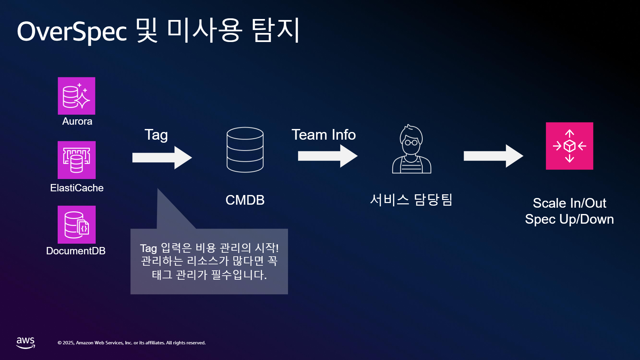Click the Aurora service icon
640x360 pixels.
click(x=76, y=96)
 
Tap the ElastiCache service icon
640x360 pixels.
click(x=77, y=160)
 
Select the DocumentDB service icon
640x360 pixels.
click(x=77, y=225)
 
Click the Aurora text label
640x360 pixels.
click(x=77, y=121)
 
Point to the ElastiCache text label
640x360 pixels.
click(x=77, y=188)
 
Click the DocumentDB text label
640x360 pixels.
click(x=76, y=251)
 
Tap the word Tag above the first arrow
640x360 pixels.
click(x=156, y=135)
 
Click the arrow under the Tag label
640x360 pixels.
click(x=162, y=158)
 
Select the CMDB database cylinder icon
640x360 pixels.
click(x=245, y=150)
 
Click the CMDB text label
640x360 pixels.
click(x=245, y=200)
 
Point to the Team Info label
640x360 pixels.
click(x=324, y=135)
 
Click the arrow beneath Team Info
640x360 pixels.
click(x=328, y=156)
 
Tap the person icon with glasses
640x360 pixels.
click(x=412, y=149)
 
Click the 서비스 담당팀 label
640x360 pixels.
click(x=411, y=200)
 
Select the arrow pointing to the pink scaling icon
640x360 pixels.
click(x=493, y=156)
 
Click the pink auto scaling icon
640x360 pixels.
click(x=569, y=146)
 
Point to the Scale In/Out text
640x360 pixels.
click(x=570, y=203)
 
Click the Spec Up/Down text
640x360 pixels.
click(x=569, y=219)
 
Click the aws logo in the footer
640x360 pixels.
click(x=26, y=343)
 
